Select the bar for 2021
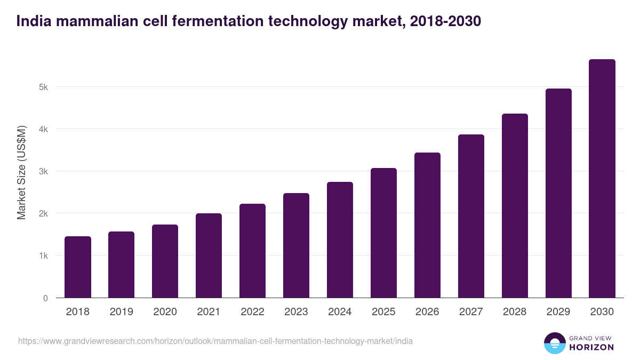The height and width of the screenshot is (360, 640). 209,255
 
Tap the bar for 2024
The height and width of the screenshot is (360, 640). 340,239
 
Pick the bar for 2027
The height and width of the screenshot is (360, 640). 471,216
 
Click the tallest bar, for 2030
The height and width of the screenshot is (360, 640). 602,178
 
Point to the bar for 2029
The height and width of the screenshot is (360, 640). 558,193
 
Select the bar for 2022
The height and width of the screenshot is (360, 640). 253,251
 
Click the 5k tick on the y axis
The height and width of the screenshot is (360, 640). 43,87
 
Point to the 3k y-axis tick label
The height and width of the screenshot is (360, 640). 43,171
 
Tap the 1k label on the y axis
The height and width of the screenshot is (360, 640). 43,256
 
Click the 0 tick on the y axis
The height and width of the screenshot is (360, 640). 45,298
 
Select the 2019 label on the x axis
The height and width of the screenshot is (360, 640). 122,312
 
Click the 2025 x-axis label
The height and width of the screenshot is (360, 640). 384,312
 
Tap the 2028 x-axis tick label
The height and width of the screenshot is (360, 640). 515,312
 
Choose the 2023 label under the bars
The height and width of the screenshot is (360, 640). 297,312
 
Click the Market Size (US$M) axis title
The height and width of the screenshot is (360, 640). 21,172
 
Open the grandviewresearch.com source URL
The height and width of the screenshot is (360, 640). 215,341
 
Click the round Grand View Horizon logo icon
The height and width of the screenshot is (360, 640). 555,343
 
